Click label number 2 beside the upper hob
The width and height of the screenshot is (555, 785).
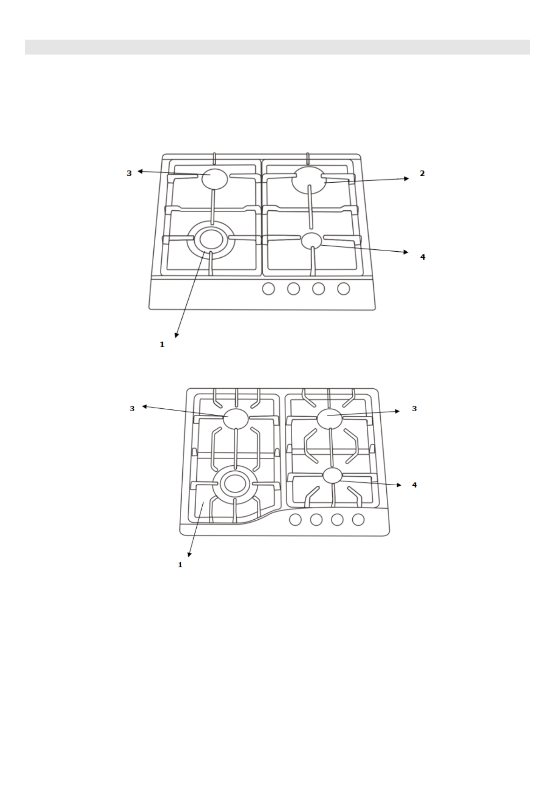[x=422, y=173]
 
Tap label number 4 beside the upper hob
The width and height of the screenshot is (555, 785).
[x=423, y=257]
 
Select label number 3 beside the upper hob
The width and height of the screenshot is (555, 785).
[x=129, y=173]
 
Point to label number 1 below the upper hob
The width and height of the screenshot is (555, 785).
[x=162, y=344]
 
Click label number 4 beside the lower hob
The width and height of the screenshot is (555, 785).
[x=414, y=485]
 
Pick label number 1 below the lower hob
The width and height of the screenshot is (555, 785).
[x=180, y=565]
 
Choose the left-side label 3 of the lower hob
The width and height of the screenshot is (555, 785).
[x=132, y=408]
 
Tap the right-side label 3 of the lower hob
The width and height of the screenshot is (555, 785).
[x=414, y=408]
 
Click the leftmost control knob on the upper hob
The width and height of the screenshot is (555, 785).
[x=268, y=289]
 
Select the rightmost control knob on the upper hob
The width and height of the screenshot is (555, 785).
[x=343, y=289]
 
